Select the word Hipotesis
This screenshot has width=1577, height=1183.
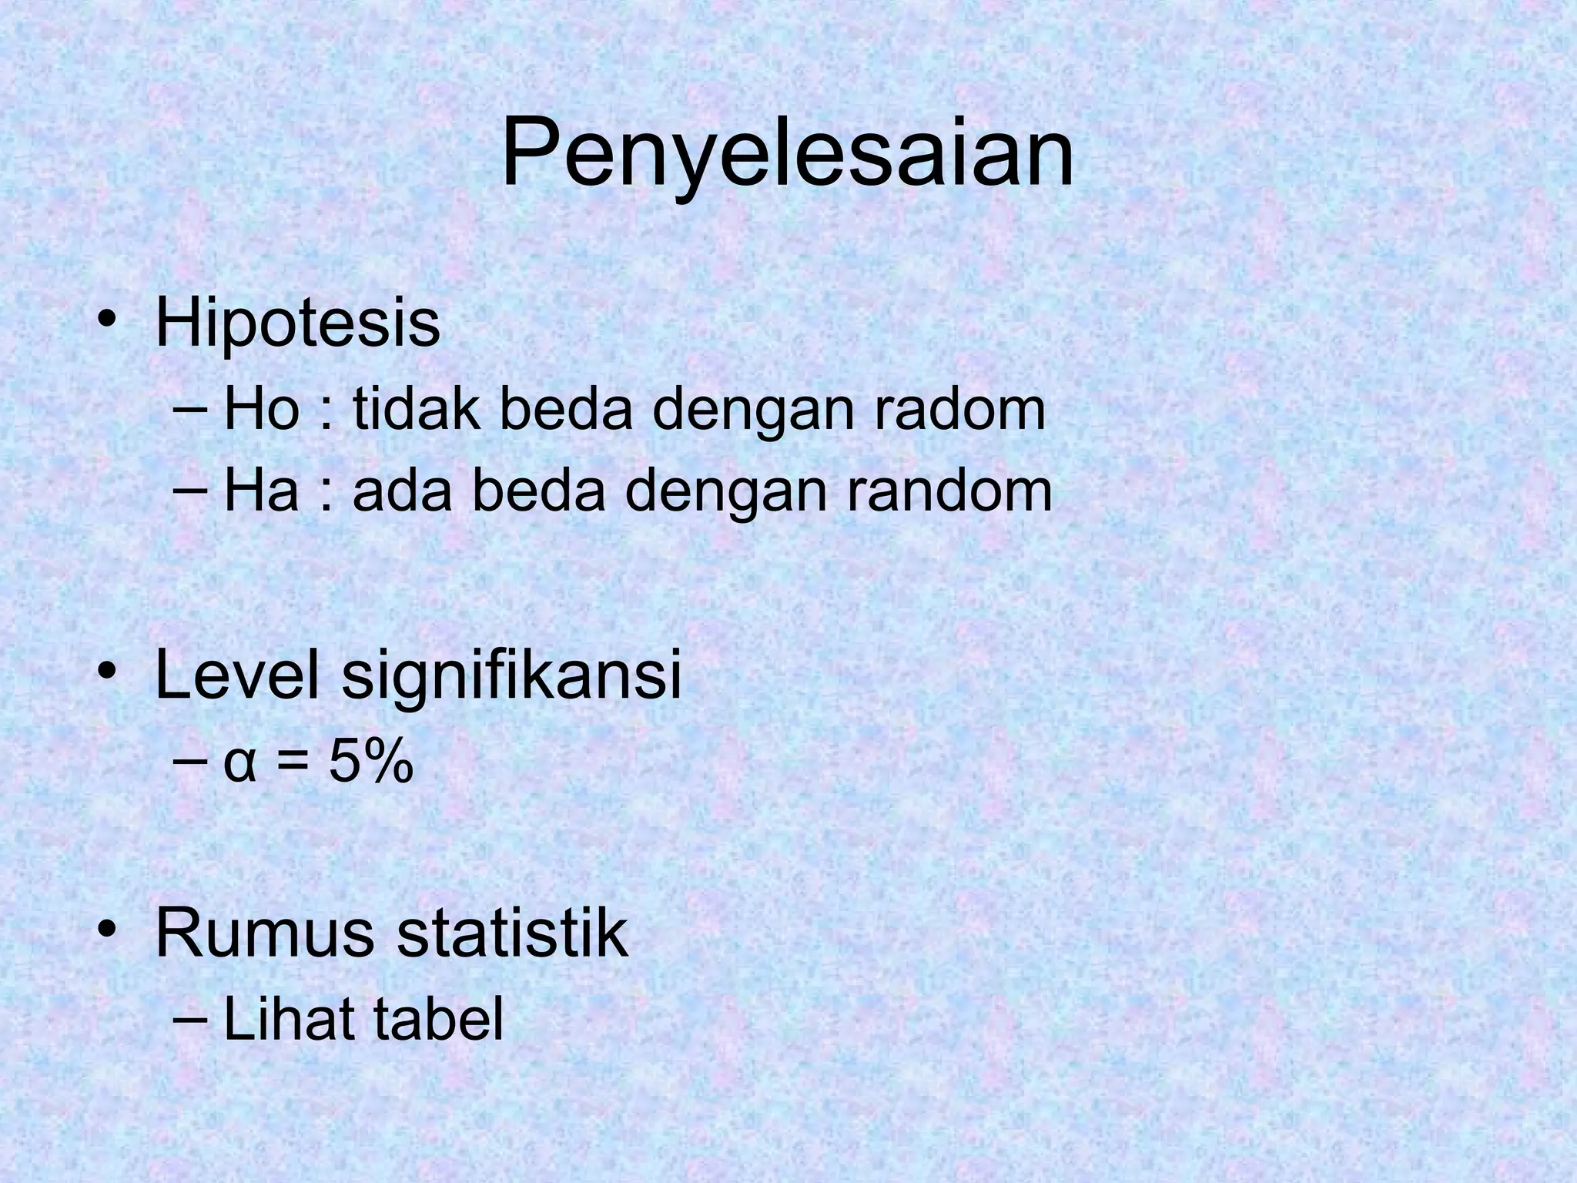click(x=297, y=325)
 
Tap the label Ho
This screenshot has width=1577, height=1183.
click(x=260, y=410)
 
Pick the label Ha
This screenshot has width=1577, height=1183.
click(x=260, y=491)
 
